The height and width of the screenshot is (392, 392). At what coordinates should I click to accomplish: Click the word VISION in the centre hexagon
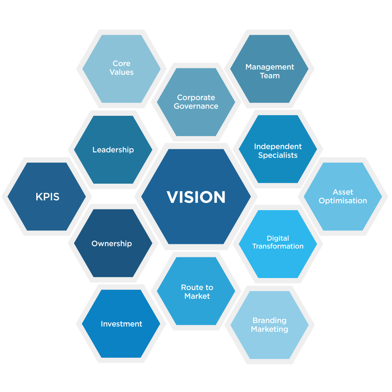point(196,197)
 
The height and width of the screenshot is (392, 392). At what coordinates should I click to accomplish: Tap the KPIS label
point(47,197)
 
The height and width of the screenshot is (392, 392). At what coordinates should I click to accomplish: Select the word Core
point(122,64)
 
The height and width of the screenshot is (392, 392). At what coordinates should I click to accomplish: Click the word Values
point(122,72)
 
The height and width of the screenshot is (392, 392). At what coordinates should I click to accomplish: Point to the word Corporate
point(196,97)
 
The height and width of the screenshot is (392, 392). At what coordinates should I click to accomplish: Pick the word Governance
point(196,106)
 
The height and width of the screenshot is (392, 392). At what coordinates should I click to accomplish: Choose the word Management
point(270,67)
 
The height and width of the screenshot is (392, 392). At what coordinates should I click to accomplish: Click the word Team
point(270,76)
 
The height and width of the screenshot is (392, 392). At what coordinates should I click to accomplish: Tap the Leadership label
point(113,150)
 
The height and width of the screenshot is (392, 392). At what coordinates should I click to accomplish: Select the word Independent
point(278,146)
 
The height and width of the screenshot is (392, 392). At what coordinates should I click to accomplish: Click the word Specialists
point(278,155)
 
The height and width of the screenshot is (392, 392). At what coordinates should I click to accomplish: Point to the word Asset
point(343,192)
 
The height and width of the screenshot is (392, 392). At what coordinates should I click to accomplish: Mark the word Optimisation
point(343,201)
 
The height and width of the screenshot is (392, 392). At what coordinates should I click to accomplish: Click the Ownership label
point(111,244)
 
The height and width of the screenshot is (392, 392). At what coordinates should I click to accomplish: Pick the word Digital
point(278,238)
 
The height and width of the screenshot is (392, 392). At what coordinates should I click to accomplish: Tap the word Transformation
point(278,246)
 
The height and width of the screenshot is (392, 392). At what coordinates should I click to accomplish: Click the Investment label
point(122,324)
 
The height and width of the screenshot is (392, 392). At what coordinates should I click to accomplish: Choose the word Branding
point(269,320)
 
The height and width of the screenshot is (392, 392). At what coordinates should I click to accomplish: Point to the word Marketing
point(269,329)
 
